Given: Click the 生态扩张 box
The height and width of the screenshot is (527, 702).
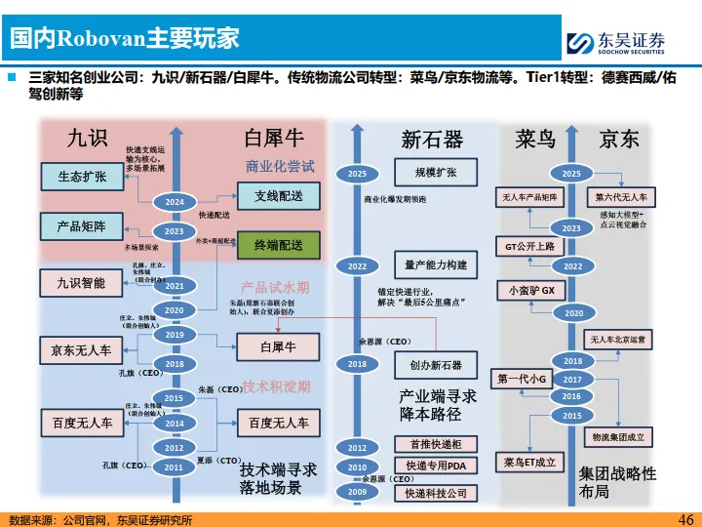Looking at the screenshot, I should tap(82, 176).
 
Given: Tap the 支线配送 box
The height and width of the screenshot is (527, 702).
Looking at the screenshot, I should tap(278, 196).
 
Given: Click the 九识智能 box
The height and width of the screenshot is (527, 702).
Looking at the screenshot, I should tap(81, 283).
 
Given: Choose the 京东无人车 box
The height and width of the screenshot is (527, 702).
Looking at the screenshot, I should tap(81, 350).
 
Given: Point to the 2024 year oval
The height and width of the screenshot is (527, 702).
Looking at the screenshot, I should tap(175, 201).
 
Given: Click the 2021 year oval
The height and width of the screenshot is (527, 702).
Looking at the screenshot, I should tap(175, 285).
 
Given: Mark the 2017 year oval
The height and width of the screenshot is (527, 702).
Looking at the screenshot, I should tap(572, 380).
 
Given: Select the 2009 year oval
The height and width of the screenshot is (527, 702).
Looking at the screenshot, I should tap(357, 493).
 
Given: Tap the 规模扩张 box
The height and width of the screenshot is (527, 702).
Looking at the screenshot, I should tap(436, 173).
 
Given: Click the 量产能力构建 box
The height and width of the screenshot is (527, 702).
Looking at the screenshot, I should tap(436, 265).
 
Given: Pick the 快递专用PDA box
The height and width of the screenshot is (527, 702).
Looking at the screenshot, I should tap(436, 466).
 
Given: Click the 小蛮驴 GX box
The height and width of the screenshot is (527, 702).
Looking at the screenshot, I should tap(531, 291).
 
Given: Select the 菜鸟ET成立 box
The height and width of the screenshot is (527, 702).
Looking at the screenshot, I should tap(531, 462).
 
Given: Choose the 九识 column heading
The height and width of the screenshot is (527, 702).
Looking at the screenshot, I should tap(87, 139).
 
